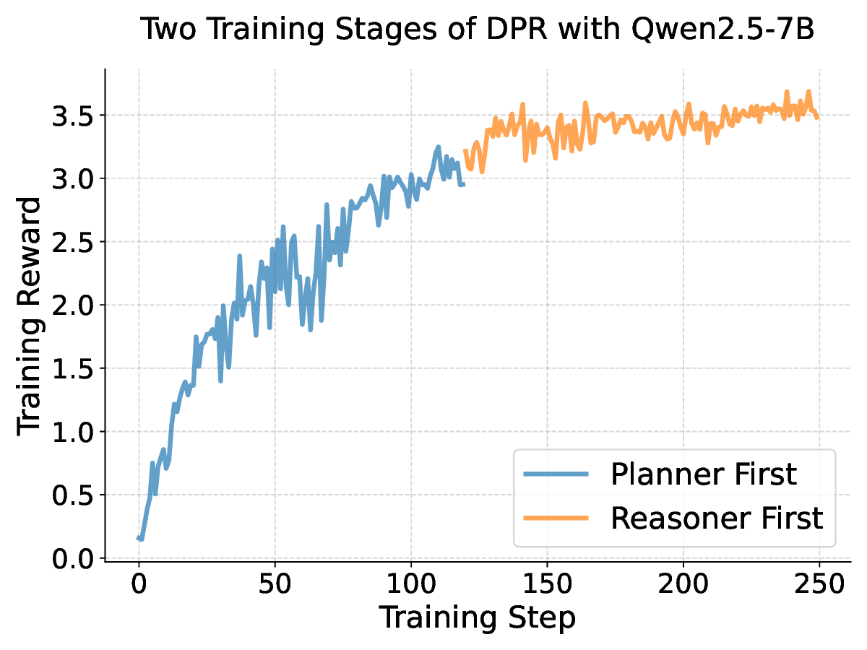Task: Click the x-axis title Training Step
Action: (478, 618)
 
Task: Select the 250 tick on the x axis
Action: (819, 584)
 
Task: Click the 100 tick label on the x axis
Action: (411, 584)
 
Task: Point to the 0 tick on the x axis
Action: (139, 584)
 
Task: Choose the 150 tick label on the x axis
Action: (547, 584)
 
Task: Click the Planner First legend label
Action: (703, 474)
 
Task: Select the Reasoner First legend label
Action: (717, 518)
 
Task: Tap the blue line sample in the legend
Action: (556, 475)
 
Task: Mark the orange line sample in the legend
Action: (556, 519)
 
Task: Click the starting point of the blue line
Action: (138, 537)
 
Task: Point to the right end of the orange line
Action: (818, 118)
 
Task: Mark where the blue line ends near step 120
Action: (464, 185)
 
